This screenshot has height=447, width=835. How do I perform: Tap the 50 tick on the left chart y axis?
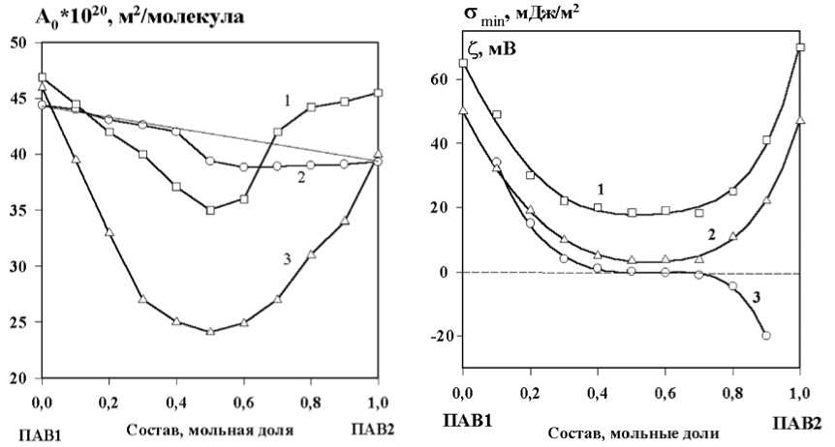pyautogui.click(x=21, y=43)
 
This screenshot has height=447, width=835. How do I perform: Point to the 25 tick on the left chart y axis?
pyautogui.click(x=21, y=322)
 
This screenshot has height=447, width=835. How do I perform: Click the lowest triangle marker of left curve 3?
pyautogui.click(x=210, y=331)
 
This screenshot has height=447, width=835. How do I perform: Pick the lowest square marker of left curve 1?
pyautogui.click(x=210, y=209)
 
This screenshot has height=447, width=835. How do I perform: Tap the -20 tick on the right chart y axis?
pyautogui.click(x=443, y=337)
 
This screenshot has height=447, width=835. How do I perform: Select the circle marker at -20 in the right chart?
pyautogui.click(x=766, y=336)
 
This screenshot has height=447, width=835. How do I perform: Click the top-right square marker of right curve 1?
pyautogui.click(x=800, y=47)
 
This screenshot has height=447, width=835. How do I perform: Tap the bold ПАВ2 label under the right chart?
pyautogui.click(x=797, y=423)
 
